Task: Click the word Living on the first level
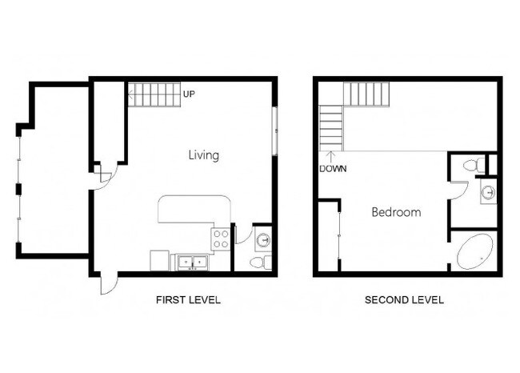(203, 155)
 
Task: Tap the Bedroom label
(396, 212)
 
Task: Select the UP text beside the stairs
(190, 94)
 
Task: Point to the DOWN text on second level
(333, 169)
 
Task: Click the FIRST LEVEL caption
(187, 300)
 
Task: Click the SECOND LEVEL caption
(404, 300)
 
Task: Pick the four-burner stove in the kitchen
(220, 238)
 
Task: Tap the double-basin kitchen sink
(192, 261)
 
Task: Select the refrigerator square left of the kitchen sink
(159, 261)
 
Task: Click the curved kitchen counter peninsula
(194, 210)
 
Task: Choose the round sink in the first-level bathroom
(262, 238)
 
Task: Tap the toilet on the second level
(473, 165)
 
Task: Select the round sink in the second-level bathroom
(488, 192)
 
